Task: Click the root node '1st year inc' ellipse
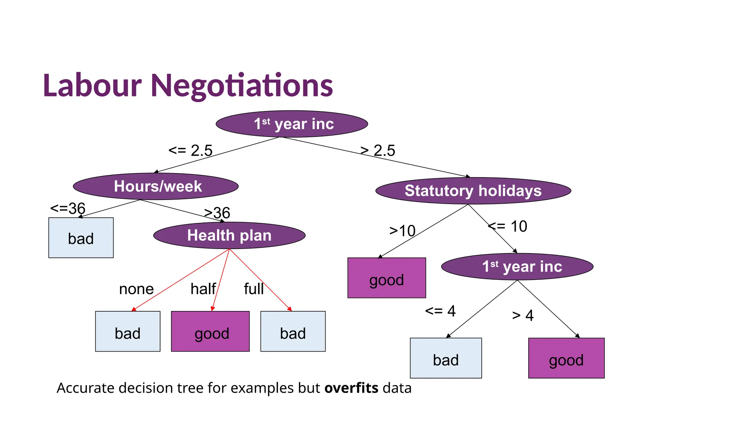[292, 124]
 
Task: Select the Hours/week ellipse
[156, 186]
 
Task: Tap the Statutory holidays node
[473, 191]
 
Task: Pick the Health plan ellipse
[229, 235]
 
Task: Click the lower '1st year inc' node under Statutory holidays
[517, 266]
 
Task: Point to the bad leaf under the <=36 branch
[81, 238]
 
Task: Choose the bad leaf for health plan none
[128, 332]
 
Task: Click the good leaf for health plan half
[210, 332]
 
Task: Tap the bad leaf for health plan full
[293, 332]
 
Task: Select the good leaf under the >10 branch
[386, 278]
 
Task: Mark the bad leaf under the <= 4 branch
[446, 358]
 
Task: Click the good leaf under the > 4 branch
[566, 358]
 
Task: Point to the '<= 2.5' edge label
[190, 151]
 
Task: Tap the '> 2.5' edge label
[378, 151]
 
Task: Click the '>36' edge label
[217, 213]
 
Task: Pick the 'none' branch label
[136, 289]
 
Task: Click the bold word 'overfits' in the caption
[351, 388]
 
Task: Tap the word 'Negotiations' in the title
[242, 86]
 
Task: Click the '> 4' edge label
[523, 315]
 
